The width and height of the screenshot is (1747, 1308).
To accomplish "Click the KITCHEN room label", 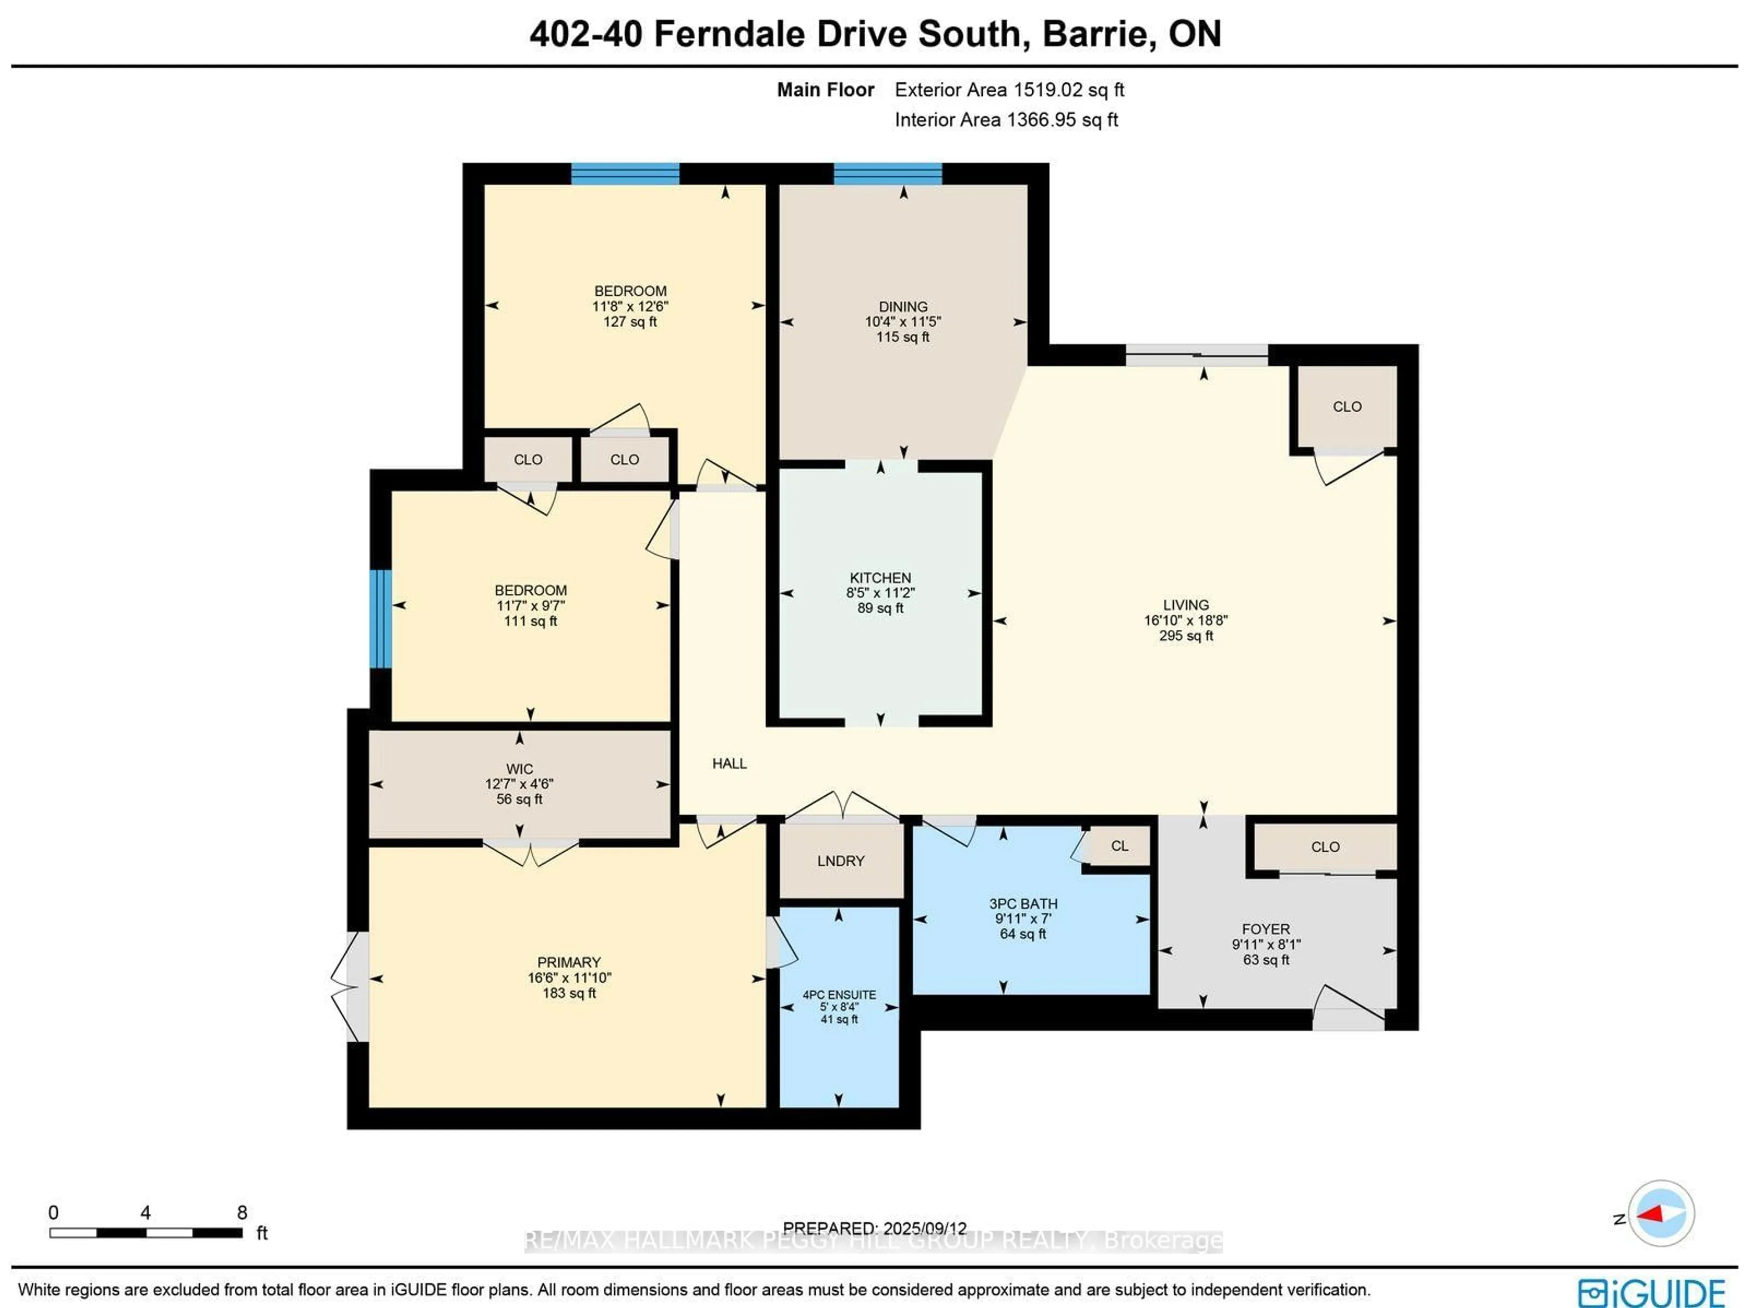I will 880,577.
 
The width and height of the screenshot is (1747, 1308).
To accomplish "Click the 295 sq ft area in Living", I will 1186,636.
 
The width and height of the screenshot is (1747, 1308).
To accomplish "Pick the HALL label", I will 729,763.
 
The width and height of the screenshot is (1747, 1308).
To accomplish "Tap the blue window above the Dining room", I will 888,174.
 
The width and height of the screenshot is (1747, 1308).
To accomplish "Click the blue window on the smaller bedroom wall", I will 381,618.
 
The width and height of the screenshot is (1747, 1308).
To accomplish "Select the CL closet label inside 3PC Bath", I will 1119,846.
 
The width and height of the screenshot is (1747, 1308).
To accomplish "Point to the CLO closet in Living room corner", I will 1347,407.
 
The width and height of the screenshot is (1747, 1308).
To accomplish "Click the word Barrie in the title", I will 1093,34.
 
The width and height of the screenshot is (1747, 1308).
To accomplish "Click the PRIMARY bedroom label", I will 569,962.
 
